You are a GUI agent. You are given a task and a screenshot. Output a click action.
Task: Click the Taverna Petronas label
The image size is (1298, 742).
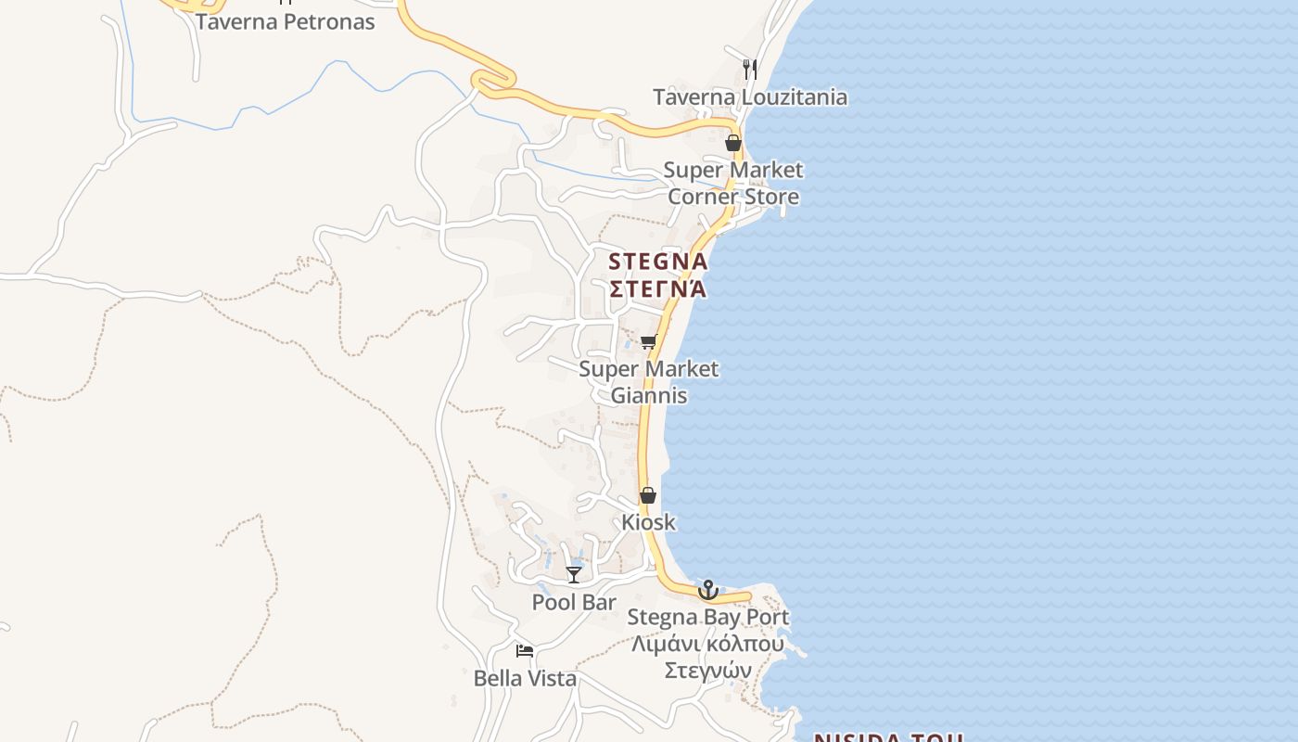[x=285, y=21]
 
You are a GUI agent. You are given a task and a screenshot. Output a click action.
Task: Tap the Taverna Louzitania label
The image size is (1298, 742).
[x=750, y=96]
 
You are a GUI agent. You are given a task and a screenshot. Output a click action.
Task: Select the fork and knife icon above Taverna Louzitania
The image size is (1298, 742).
[x=750, y=69]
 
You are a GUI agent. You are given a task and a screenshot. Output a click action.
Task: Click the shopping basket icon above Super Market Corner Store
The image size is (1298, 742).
[x=732, y=143]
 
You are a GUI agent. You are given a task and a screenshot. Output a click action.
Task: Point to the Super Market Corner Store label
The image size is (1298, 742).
[x=733, y=184]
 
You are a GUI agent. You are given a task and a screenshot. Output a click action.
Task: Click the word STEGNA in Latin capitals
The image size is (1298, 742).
[x=658, y=262]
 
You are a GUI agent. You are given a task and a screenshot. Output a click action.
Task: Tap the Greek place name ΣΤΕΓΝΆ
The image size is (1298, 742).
[x=658, y=288]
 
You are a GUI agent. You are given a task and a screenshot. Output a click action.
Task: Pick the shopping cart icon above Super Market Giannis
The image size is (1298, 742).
[x=649, y=341]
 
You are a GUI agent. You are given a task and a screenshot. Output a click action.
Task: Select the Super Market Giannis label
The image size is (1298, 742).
[x=649, y=382]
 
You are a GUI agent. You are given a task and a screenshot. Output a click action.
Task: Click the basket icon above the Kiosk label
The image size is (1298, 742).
[x=648, y=495]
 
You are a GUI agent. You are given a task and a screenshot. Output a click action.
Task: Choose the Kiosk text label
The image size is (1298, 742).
[x=649, y=522]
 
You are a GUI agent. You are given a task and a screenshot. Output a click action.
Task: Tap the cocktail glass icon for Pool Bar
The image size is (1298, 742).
[x=574, y=575]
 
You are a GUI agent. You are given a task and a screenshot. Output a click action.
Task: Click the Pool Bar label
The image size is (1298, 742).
[x=574, y=602]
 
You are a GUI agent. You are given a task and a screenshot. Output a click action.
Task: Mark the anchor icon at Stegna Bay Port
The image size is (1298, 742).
[x=708, y=590]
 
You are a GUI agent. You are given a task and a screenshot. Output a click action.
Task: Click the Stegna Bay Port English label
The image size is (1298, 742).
[x=708, y=617]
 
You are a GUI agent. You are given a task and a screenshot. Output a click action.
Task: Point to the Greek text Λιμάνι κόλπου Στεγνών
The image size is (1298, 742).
[x=708, y=657]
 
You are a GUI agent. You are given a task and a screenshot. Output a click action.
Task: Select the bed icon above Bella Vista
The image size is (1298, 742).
[x=525, y=651]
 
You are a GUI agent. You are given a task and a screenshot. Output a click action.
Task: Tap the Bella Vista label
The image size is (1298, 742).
[x=525, y=678]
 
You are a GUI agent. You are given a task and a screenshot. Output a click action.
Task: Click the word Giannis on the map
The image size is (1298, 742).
[x=649, y=395]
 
